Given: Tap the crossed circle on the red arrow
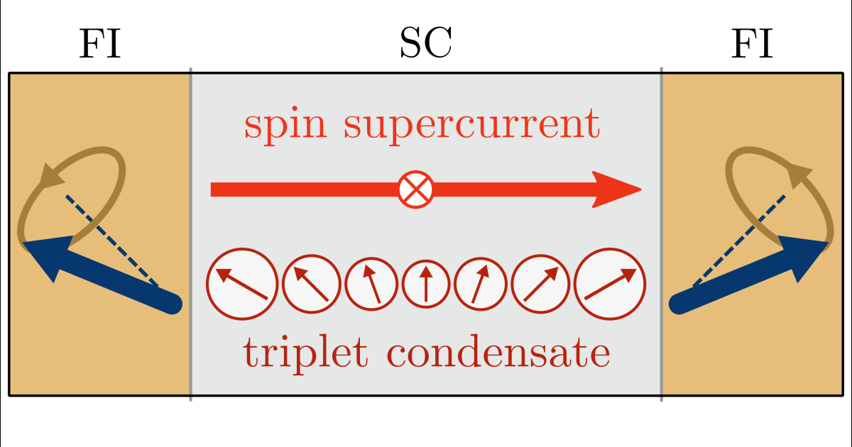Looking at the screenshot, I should coord(415,189).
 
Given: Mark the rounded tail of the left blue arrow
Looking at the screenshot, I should coord(174,304).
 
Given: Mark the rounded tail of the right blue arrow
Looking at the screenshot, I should coord(678,304).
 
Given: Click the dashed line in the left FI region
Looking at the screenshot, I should coord(114,241).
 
